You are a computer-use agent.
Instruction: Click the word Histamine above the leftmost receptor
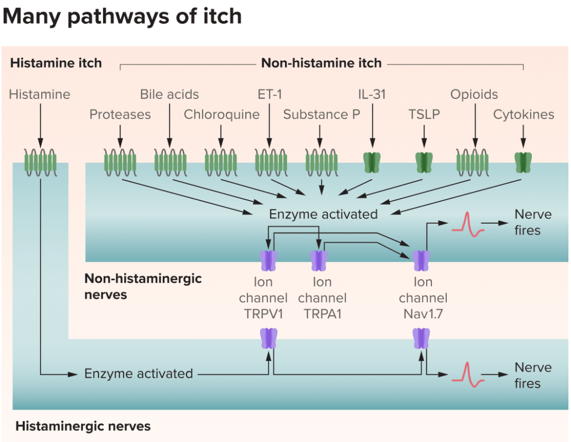[x=40, y=95]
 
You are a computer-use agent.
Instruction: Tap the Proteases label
[x=120, y=114]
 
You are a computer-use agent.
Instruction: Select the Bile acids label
[x=169, y=95]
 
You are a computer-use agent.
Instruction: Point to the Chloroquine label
[x=222, y=114]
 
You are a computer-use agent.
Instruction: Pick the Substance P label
[x=321, y=114]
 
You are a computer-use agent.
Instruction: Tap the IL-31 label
[x=372, y=95]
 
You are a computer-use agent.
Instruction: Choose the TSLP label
[x=424, y=114]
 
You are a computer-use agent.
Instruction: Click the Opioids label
[x=474, y=95]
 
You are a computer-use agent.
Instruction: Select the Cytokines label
[x=523, y=114]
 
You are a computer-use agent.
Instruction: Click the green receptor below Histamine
[x=40, y=161]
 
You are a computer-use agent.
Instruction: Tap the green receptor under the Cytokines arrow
[x=523, y=162]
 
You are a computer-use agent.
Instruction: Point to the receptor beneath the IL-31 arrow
[x=372, y=162]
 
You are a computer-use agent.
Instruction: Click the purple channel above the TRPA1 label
[x=319, y=260]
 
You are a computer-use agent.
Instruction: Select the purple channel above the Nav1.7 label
[x=421, y=260]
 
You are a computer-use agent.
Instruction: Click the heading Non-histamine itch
[x=321, y=63]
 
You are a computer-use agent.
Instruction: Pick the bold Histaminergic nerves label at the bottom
[x=83, y=426]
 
